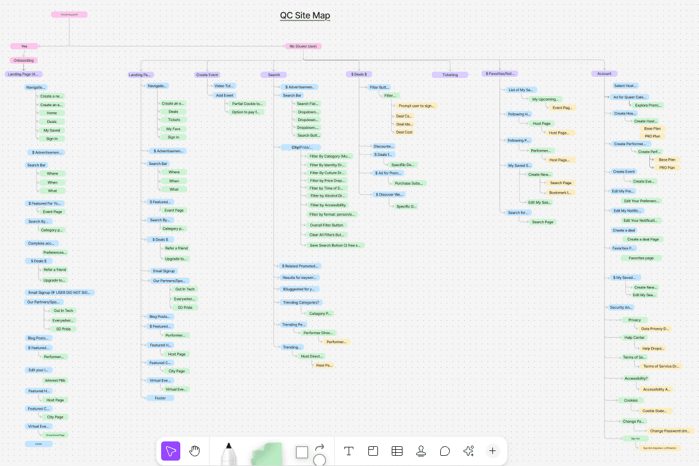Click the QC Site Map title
305,16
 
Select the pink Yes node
24,46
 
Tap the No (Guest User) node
302,46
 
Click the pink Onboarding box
23,60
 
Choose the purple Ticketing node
449,75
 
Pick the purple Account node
604,74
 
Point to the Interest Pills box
56,380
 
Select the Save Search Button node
335,245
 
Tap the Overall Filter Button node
327,225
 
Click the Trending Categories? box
301,302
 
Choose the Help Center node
634,338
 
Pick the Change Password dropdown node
670,431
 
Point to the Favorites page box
641,258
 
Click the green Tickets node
174,120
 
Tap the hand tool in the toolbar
194,451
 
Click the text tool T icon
349,451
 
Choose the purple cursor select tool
171,451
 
